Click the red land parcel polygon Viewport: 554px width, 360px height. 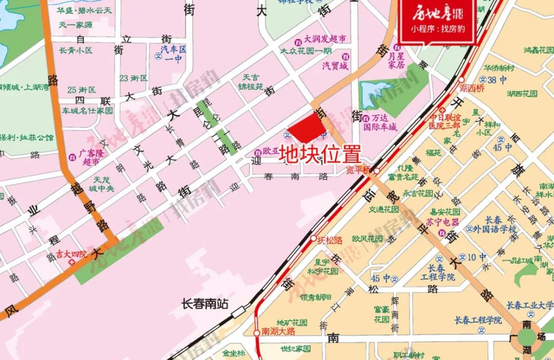click(x=307, y=127)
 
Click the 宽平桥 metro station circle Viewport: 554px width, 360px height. click(x=377, y=171)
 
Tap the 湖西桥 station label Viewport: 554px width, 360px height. click(x=472, y=88)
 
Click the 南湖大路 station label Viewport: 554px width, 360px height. click(x=279, y=331)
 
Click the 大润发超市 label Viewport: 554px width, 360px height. click(x=325, y=39)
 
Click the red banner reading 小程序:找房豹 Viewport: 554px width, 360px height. click(x=438, y=29)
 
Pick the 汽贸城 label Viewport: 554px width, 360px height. click(x=334, y=66)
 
